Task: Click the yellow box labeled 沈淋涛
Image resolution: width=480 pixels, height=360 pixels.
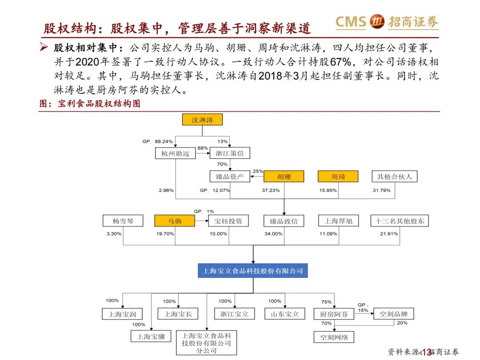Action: (202, 120)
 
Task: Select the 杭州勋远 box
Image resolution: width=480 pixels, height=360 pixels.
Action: (175, 154)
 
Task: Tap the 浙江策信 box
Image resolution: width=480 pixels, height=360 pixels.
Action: (229, 154)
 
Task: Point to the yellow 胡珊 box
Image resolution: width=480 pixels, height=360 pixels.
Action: (284, 176)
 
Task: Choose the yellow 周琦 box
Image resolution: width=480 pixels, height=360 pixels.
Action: (338, 176)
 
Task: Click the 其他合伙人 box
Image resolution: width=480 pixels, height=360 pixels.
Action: (394, 176)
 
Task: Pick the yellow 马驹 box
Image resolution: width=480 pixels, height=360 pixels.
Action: (175, 221)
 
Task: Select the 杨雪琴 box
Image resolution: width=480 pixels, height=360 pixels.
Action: (123, 221)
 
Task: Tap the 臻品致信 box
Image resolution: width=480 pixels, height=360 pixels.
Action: (284, 221)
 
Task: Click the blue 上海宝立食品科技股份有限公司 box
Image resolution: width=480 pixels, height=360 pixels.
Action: (253, 270)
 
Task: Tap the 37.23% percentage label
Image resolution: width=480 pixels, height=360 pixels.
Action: (271, 190)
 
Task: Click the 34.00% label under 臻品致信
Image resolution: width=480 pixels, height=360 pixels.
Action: (273, 234)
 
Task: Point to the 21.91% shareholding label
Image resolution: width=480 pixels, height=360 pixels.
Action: (389, 234)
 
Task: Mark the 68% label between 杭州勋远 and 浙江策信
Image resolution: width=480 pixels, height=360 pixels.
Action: (203, 148)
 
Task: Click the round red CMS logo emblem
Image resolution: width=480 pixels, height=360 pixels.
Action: (377, 21)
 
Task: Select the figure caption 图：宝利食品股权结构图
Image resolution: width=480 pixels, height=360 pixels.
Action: (90, 104)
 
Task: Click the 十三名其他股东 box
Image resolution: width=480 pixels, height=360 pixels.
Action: (400, 221)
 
